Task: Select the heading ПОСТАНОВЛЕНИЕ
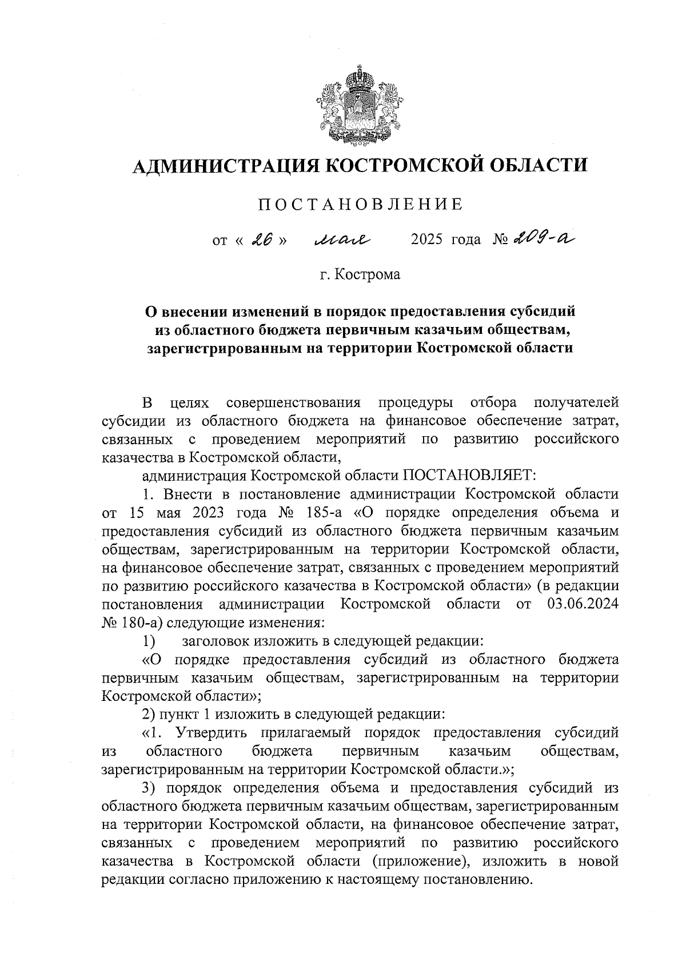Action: pos(360,205)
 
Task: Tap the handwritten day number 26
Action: pos(260,240)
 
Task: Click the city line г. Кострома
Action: pos(360,275)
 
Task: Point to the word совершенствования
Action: pos(293,402)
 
